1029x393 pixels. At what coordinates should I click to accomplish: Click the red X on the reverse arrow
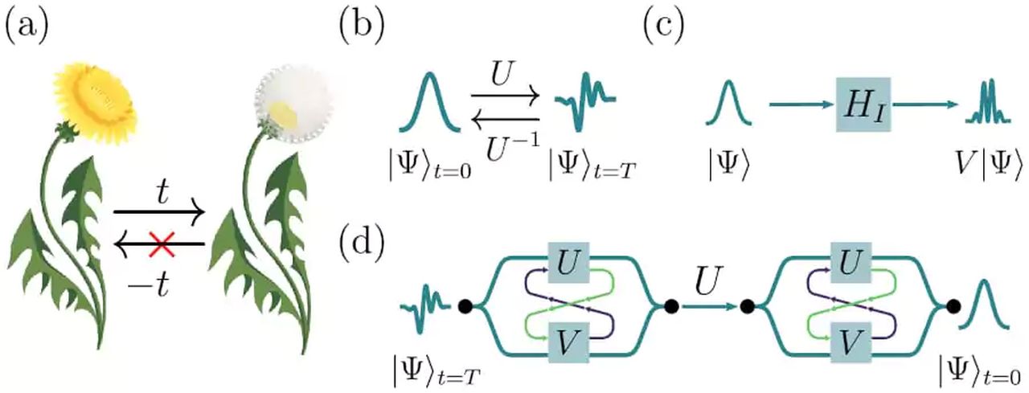click(162, 244)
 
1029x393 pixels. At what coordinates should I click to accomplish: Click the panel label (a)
click(27, 27)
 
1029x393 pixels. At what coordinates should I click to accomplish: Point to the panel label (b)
click(362, 27)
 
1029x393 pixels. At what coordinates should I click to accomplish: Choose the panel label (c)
click(663, 27)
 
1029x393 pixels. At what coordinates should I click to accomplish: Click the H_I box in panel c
click(863, 104)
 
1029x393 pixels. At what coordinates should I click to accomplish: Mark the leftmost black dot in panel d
click(465, 306)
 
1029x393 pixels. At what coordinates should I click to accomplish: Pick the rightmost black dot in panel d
click(953, 306)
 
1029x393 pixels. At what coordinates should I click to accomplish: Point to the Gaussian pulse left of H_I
click(728, 103)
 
